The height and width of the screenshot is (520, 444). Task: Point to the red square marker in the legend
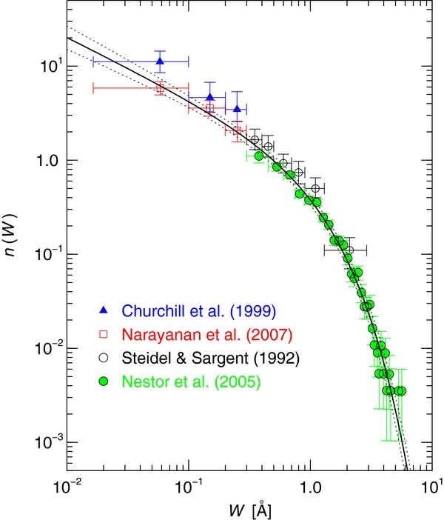(104, 334)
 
